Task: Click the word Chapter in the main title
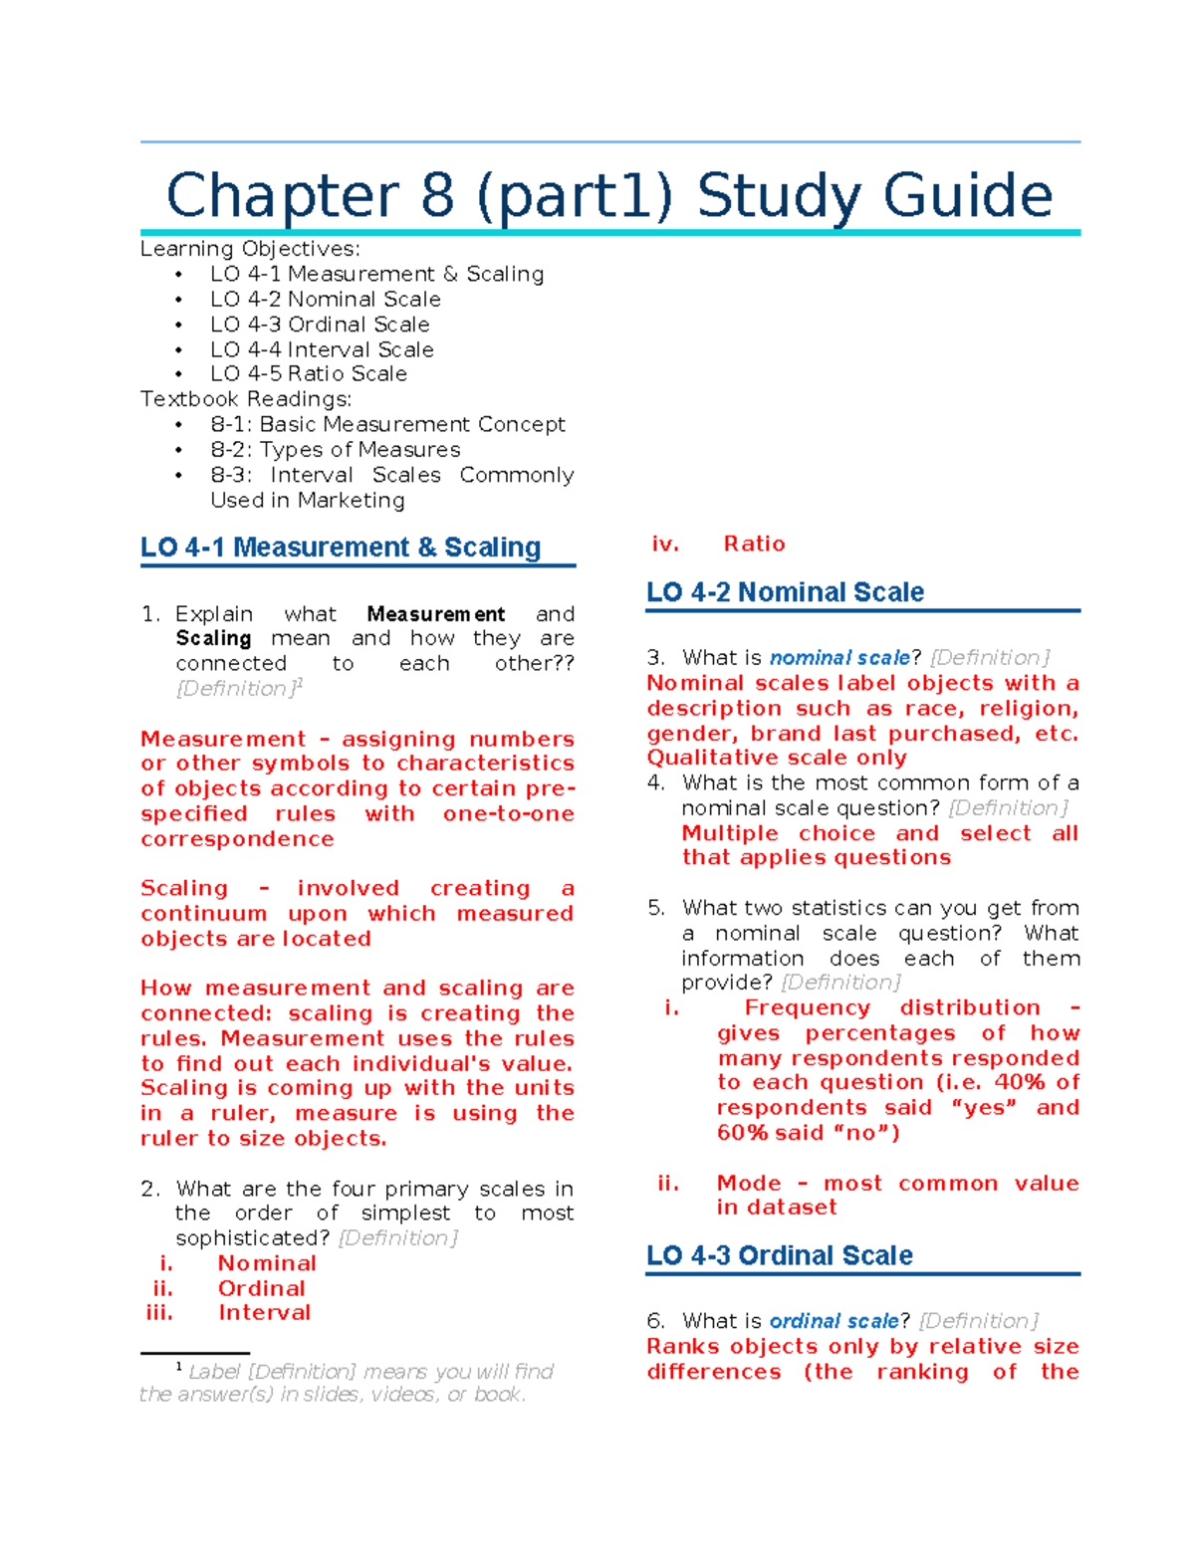[x=282, y=196]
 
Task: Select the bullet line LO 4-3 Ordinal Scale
[x=319, y=325]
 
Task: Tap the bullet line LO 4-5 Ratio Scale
[x=308, y=374]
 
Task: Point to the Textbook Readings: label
[x=245, y=399]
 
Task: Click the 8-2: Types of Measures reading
[x=335, y=450]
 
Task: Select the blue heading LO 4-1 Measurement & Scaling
[x=341, y=548]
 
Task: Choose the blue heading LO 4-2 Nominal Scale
[x=785, y=592]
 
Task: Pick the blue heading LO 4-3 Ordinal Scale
[x=779, y=1255]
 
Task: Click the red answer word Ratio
[x=754, y=544]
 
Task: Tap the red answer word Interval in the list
[x=264, y=1313]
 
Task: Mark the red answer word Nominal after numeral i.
[x=267, y=1263]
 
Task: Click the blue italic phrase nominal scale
[x=839, y=658]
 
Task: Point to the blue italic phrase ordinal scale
[x=834, y=1321]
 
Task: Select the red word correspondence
[x=237, y=839]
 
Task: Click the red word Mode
[x=749, y=1184]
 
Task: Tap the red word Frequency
[x=807, y=1008]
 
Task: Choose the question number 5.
[x=654, y=908]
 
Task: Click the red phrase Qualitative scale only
[x=777, y=758]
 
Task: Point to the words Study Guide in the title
[x=873, y=196]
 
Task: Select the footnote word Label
[x=214, y=1372]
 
